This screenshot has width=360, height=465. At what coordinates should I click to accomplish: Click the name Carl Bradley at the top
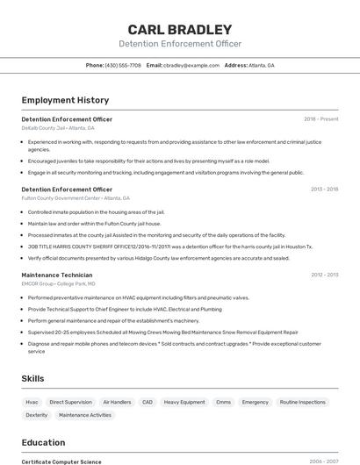point(179,29)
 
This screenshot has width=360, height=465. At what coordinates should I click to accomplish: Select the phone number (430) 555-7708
point(122,65)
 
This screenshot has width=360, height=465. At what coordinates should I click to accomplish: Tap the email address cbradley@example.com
point(191,65)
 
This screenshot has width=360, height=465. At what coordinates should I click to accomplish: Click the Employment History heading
point(65,100)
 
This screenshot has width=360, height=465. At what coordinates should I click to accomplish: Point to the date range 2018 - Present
point(320,118)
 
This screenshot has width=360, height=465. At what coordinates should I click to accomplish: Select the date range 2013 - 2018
point(324,189)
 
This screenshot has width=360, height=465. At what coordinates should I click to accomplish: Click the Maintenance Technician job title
point(56,275)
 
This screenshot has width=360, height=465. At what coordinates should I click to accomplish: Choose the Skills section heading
point(33,378)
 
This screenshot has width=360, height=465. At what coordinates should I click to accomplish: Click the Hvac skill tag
point(32,402)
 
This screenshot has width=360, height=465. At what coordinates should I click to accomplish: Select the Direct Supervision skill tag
point(70,402)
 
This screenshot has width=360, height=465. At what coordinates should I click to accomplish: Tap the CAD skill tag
point(147,402)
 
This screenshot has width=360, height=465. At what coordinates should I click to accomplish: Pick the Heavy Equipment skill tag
point(184,402)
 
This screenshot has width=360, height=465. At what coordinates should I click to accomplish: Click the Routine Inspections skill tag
point(302,402)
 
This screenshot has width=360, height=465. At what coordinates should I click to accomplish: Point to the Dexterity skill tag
point(37,415)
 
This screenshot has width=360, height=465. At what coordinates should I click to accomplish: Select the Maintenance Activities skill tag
point(85,415)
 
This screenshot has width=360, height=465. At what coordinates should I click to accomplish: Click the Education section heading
point(43,442)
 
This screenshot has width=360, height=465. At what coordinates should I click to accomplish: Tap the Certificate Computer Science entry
point(61,461)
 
